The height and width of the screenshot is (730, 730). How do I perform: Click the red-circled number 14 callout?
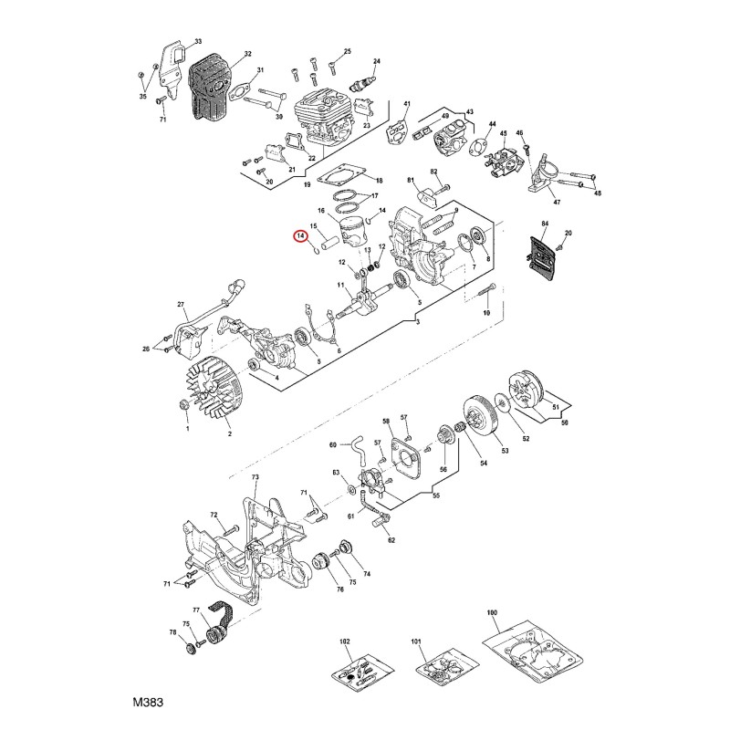tap(300, 236)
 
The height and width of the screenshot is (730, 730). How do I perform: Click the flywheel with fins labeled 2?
tap(213, 384)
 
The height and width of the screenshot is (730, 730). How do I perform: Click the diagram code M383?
tap(148, 702)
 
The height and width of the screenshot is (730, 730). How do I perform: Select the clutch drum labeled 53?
tap(480, 414)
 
